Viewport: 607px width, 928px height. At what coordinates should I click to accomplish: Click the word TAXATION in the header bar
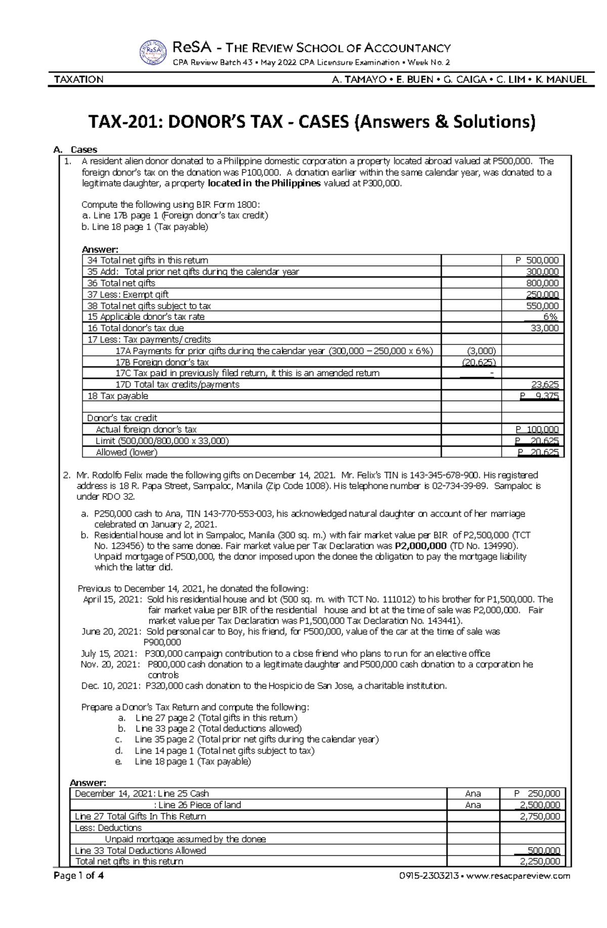(79, 79)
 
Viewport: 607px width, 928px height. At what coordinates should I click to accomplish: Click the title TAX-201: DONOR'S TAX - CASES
(311, 122)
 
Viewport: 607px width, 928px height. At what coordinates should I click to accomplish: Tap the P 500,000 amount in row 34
(537, 260)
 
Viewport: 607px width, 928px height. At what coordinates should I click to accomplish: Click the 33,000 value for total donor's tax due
(545, 328)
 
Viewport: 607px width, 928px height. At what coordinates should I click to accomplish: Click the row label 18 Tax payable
(118, 396)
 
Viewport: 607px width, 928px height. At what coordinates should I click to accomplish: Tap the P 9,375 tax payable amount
(539, 396)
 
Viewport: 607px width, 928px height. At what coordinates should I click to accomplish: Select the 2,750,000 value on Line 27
(540, 816)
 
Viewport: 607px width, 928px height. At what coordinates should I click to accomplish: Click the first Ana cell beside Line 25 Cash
(473, 793)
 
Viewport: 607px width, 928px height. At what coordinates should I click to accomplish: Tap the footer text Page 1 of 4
(78, 876)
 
